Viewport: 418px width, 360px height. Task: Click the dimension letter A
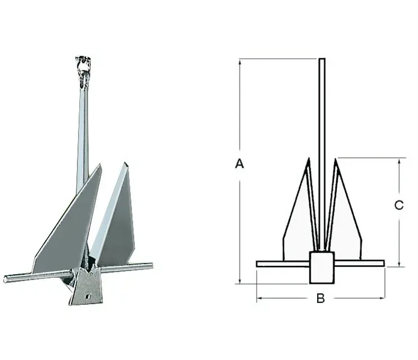(240, 163)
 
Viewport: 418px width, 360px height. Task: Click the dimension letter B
(321, 298)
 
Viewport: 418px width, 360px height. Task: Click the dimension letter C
(399, 205)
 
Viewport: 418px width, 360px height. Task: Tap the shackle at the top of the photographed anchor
(83, 71)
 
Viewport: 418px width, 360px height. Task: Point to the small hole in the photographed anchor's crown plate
(88, 296)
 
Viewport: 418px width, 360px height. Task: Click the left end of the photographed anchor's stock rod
(5, 280)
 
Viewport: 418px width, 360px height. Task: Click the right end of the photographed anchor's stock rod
(151, 265)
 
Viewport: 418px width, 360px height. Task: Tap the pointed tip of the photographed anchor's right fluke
(124, 163)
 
